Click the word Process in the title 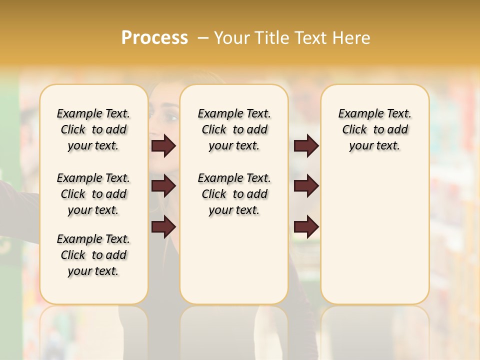click(154, 38)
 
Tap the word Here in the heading click(352, 38)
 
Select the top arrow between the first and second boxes click(163, 146)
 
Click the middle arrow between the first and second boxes click(163, 186)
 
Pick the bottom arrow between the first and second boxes click(163, 227)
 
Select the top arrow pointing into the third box click(306, 146)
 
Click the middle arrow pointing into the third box click(306, 186)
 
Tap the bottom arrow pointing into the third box click(306, 227)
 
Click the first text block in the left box click(93, 129)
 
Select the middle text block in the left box click(93, 194)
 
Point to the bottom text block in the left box click(93, 255)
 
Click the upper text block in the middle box click(234, 129)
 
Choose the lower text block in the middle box click(234, 194)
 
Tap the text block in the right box click(374, 129)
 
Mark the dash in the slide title click(203, 38)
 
